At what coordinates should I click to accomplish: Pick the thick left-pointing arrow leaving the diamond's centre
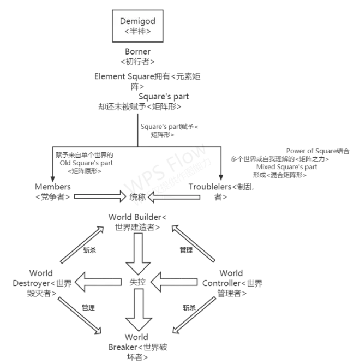[x=98, y=283]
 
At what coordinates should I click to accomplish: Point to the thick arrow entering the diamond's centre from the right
[x=175, y=283]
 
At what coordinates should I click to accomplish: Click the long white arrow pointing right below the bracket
[x=98, y=195]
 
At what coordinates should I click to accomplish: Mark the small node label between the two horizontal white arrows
[x=137, y=195]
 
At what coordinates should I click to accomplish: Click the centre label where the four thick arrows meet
[x=137, y=283]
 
